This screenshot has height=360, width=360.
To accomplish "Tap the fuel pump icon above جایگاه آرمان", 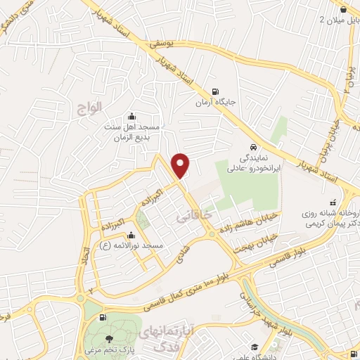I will [215, 91].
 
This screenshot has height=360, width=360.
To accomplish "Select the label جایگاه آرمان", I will [214, 103].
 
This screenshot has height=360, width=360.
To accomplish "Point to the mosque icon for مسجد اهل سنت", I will [131, 117].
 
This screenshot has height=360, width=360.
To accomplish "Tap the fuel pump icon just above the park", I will [104, 319].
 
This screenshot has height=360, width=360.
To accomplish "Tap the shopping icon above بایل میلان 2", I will [342, 10].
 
